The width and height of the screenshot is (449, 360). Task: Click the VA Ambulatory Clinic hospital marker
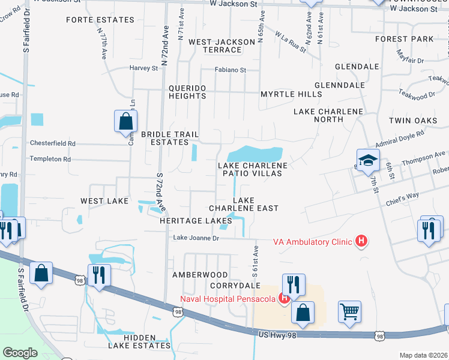click(361, 242)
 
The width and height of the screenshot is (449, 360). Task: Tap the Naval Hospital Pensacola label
click(229, 299)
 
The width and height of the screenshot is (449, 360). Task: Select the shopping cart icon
click(349, 311)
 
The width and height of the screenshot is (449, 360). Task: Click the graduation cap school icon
click(368, 160)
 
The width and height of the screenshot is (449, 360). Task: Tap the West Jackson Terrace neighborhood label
click(221, 46)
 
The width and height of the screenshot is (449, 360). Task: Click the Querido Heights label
click(187, 92)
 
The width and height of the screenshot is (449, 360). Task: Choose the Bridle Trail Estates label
click(164, 139)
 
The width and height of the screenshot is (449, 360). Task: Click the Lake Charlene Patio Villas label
click(253, 169)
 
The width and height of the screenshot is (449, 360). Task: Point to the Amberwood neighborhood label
click(200, 275)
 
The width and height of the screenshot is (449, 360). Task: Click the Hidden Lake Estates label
click(131, 341)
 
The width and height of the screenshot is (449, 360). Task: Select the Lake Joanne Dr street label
click(196, 238)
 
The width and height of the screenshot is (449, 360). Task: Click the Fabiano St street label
click(231, 70)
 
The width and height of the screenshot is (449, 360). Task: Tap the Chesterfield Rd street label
click(53, 143)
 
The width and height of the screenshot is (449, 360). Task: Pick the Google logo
click(20, 353)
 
